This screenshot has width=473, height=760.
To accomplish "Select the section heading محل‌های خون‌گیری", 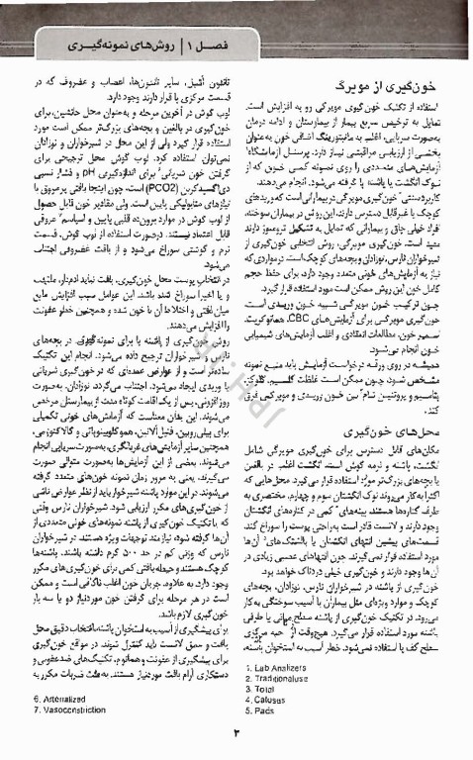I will (405, 405).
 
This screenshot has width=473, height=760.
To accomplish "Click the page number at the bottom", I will (236, 733).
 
